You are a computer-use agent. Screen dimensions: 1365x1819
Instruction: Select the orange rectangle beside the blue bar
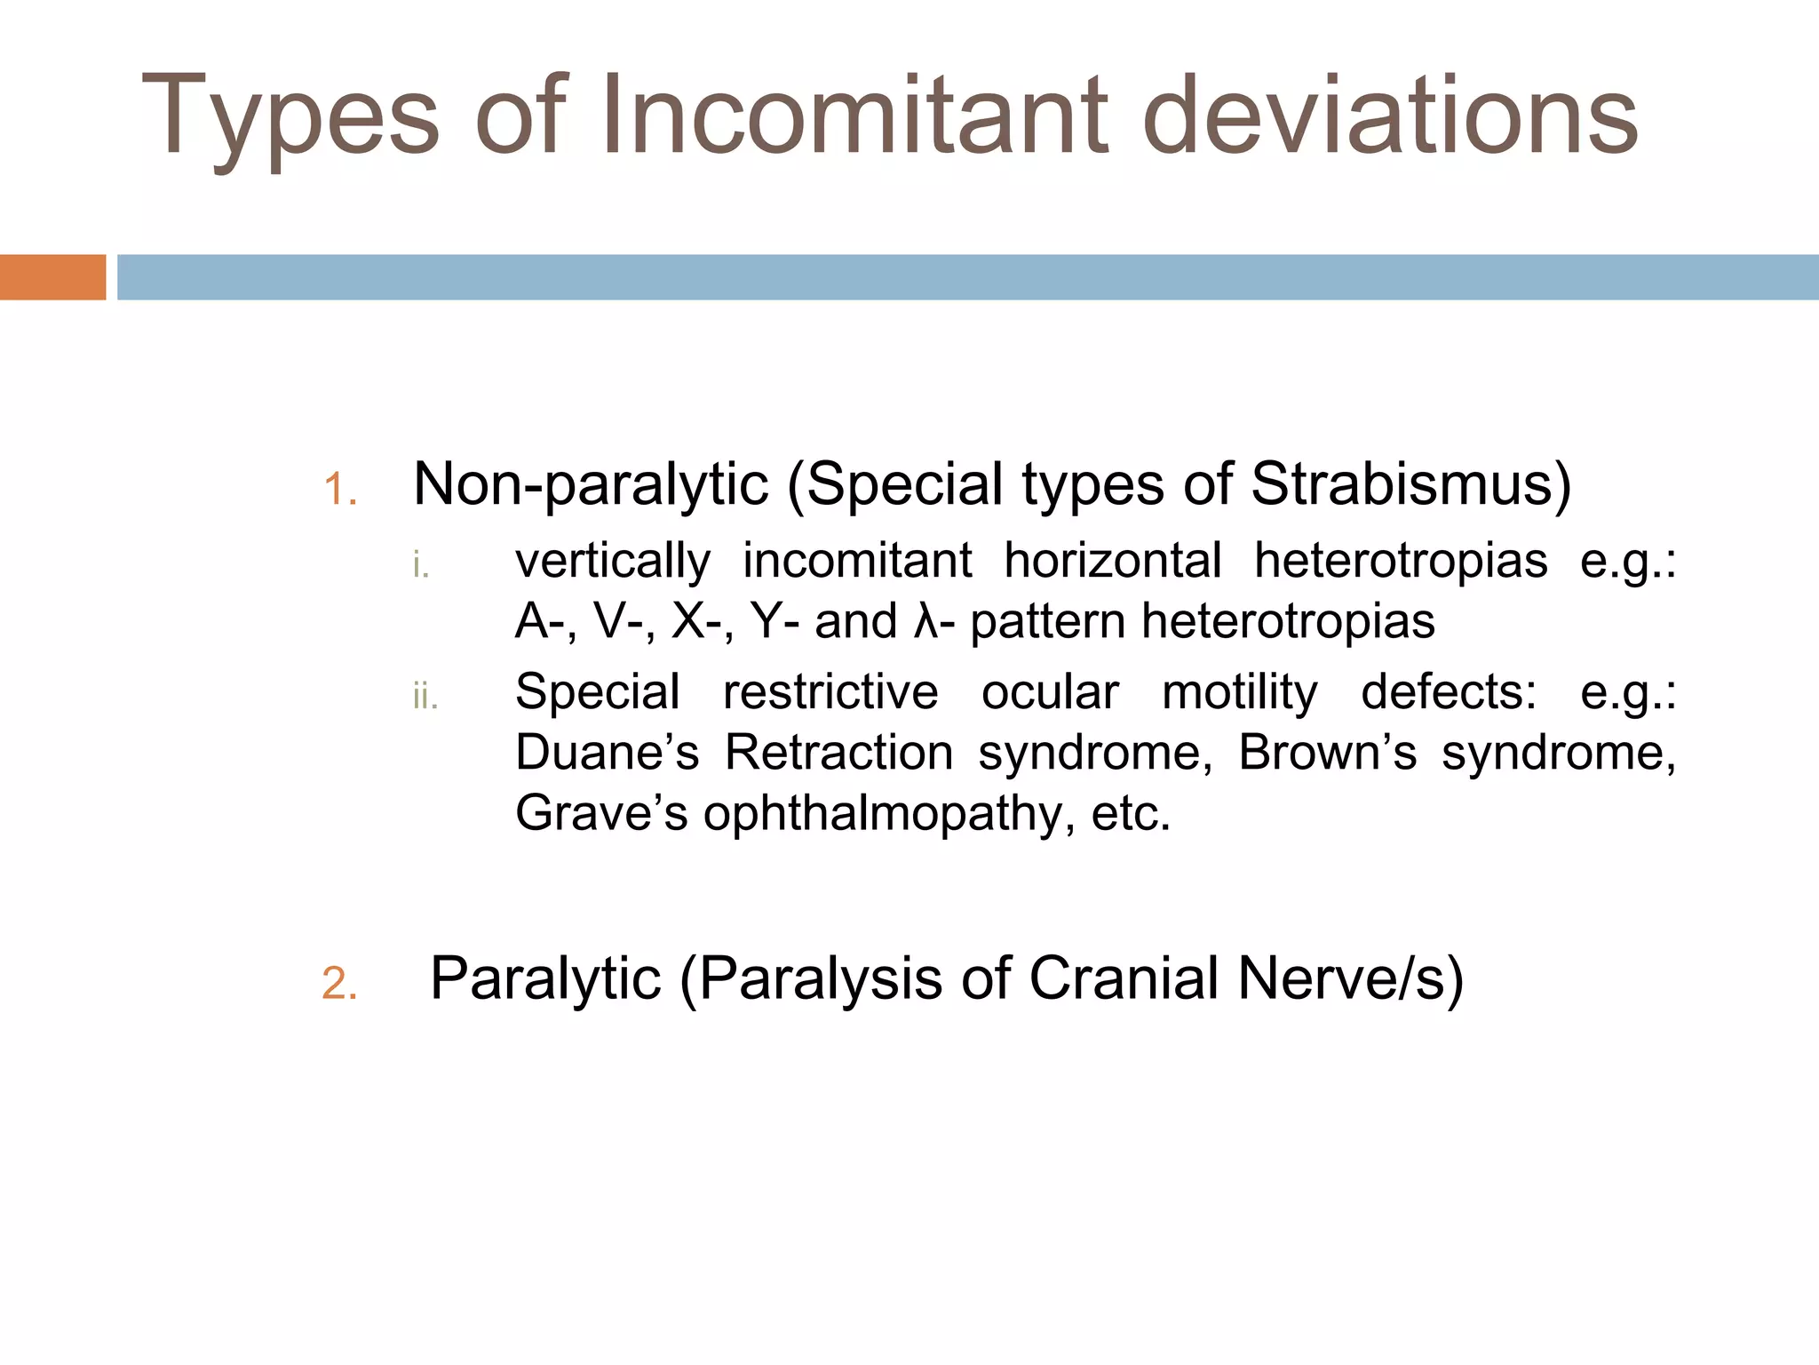tap(52, 277)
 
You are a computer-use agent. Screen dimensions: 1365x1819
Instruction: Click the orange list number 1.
tap(339, 490)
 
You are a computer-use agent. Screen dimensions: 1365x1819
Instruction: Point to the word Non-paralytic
tap(591, 485)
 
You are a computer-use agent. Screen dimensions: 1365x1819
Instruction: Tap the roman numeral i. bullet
tap(421, 565)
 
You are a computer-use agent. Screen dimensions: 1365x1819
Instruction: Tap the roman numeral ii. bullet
tap(425, 697)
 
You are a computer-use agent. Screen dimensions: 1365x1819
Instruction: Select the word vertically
tap(613, 562)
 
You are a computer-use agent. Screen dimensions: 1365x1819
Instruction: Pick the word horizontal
tap(1112, 562)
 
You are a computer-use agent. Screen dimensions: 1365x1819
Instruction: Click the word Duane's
tap(608, 753)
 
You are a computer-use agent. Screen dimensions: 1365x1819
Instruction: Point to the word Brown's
tap(1327, 753)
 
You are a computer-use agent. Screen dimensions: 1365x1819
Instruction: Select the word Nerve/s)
tap(1350, 979)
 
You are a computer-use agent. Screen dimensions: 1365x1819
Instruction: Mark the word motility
tap(1239, 693)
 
